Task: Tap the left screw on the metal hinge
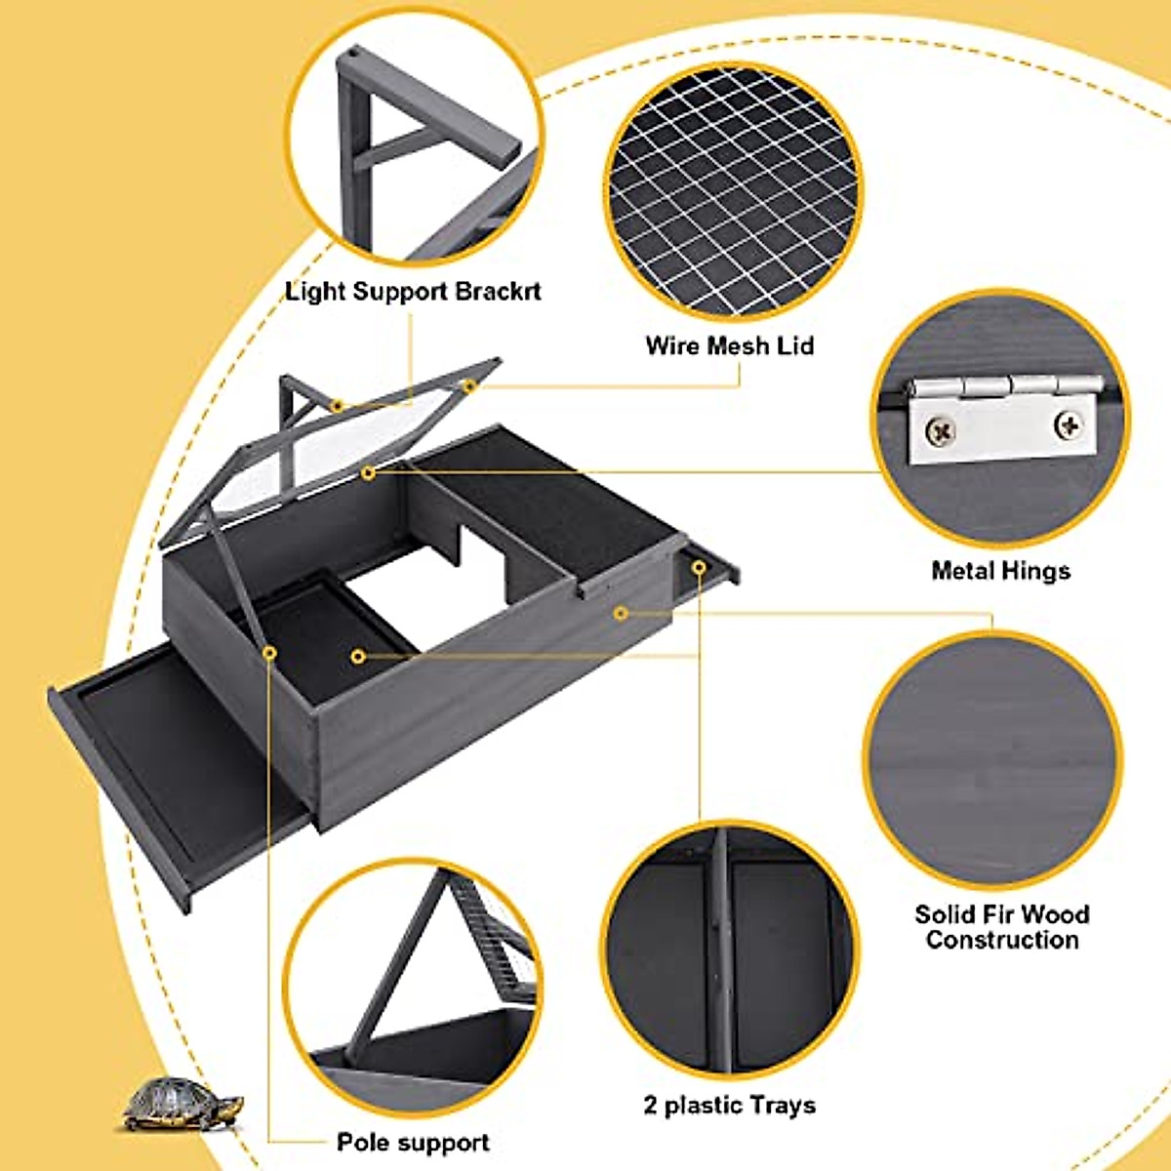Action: tap(943, 428)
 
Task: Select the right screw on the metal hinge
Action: tap(1069, 424)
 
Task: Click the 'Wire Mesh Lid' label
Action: tap(729, 345)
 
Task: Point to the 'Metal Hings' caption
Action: tap(1000, 571)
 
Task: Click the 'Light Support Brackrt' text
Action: tap(413, 292)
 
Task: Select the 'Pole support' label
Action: tap(413, 1142)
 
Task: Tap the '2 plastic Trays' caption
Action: tap(729, 1106)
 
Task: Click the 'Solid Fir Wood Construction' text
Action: tap(1001, 927)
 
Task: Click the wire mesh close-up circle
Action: tap(732, 190)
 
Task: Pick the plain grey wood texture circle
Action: tap(993, 761)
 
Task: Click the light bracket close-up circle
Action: tap(414, 146)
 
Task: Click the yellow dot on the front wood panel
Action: tap(621, 613)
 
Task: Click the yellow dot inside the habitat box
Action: tap(359, 657)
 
